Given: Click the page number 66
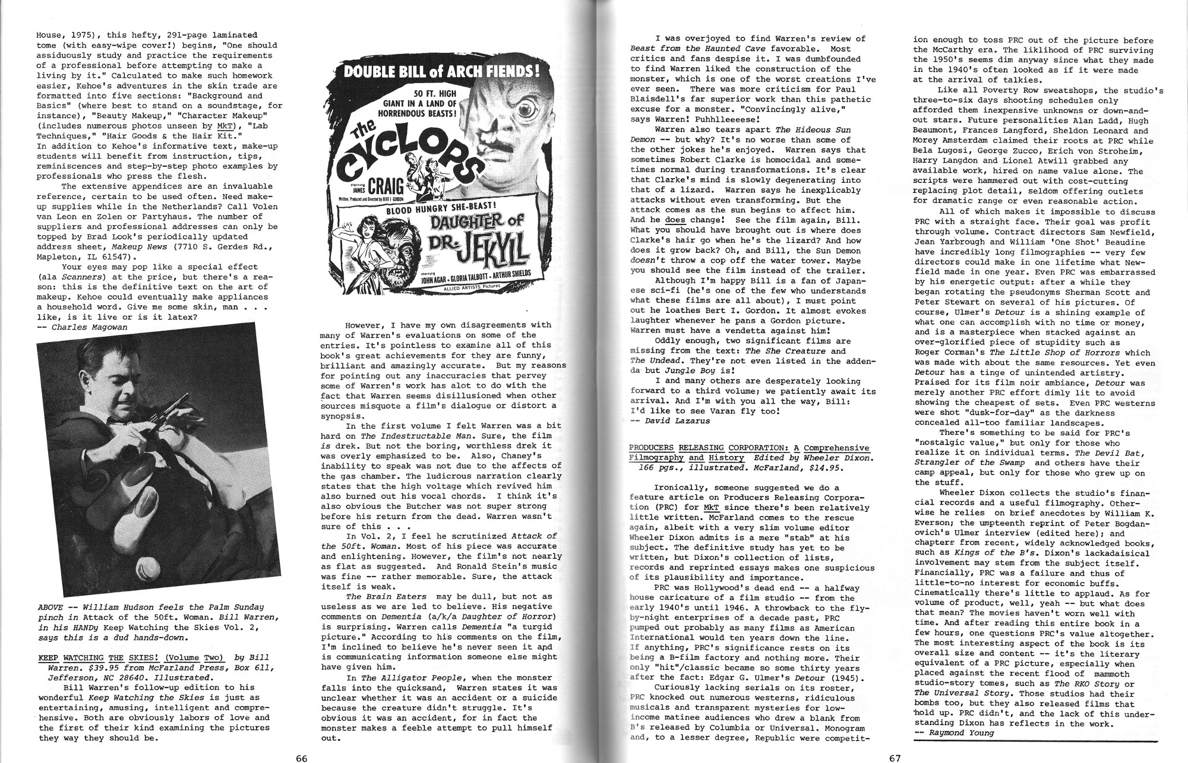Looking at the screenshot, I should click(301, 758).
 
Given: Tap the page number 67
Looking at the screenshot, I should click(895, 758).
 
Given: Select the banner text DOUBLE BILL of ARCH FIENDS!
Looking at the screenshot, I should click(437, 72).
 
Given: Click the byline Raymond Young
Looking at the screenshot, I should click(958, 733).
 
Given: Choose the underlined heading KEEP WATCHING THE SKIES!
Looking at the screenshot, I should click(131, 657).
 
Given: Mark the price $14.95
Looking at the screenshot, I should click(826, 468).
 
